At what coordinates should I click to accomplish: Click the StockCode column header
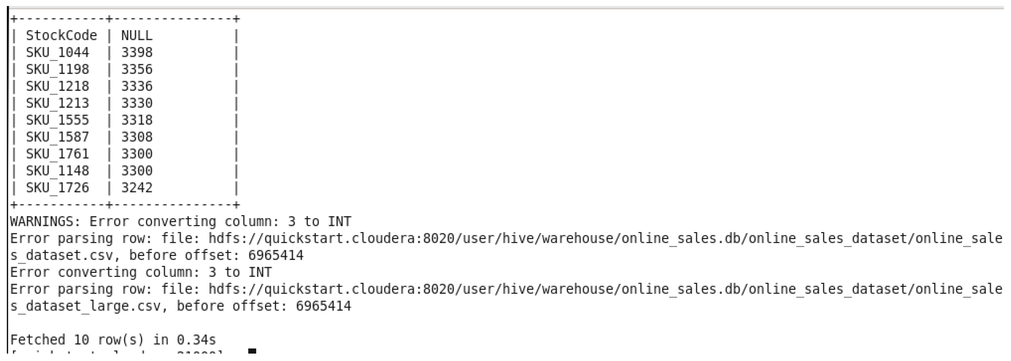click(61, 36)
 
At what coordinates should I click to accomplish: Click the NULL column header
click(137, 36)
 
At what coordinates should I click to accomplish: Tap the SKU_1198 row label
click(57, 70)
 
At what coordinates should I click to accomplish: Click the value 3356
click(137, 70)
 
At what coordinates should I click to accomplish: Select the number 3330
click(137, 103)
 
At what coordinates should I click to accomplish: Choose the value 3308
click(137, 137)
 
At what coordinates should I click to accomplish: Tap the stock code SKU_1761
click(57, 154)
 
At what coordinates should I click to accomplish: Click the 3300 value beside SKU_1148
click(137, 171)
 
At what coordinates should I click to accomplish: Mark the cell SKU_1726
click(57, 188)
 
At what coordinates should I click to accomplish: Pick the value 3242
click(137, 188)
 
